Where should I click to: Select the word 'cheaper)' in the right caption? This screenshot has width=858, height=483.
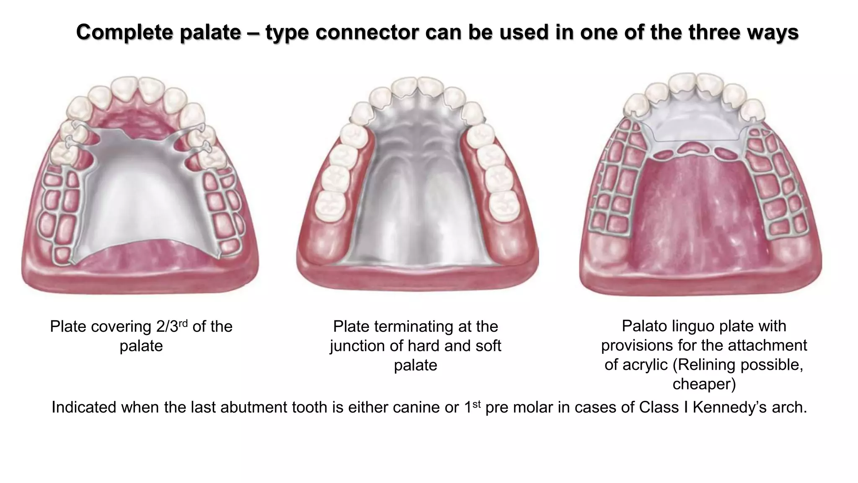pyautogui.click(x=704, y=384)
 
